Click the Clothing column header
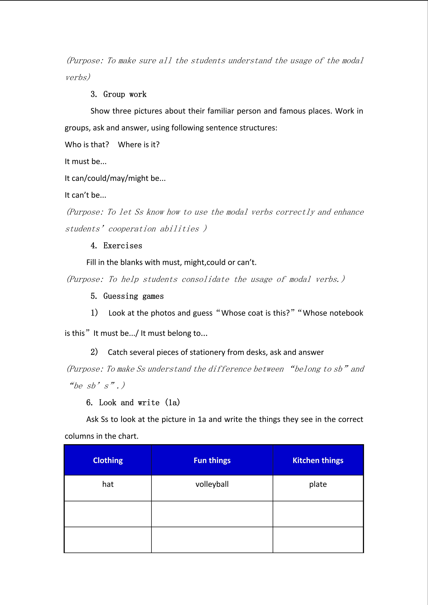[108, 460]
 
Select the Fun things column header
[212, 460]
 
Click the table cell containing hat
[108, 484]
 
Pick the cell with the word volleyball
[212, 484]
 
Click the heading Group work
[124, 94]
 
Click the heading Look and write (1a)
[139, 403]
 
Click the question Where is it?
[139, 145]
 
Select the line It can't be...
[85, 195]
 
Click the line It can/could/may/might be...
[115, 178]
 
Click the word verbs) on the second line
[78, 77]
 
